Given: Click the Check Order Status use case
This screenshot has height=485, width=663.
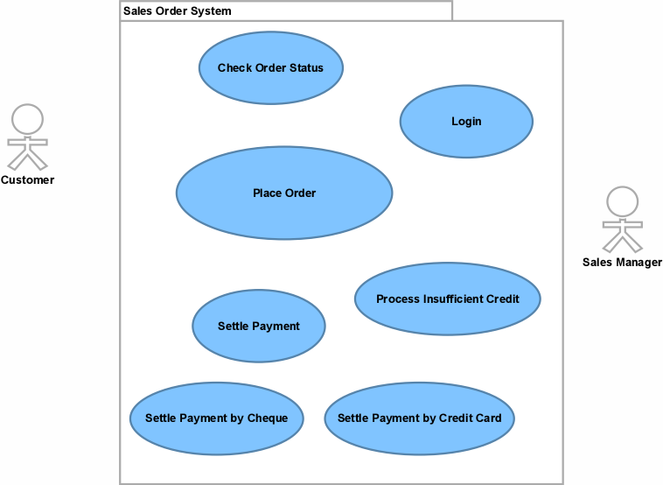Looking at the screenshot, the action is pyautogui.click(x=270, y=67).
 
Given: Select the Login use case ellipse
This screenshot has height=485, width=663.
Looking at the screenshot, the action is pyautogui.click(x=466, y=122).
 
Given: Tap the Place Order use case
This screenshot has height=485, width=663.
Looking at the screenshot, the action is pyautogui.click(x=284, y=193).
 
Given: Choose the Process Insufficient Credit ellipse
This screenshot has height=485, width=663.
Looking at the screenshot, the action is pyautogui.click(x=447, y=299).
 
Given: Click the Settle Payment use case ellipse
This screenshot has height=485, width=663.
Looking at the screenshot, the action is pyautogui.click(x=259, y=326).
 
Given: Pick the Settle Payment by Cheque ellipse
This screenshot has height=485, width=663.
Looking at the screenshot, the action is pyautogui.click(x=217, y=418).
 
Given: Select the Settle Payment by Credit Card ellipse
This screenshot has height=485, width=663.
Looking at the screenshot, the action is pyautogui.click(x=420, y=418).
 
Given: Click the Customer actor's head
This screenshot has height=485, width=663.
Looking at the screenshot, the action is pyautogui.click(x=27, y=120).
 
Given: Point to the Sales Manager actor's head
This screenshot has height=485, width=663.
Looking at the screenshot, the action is pyautogui.click(x=623, y=202).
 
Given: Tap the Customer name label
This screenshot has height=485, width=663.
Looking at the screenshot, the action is pyautogui.click(x=27, y=179).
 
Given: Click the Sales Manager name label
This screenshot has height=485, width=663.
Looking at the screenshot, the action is pyautogui.click(x=622, y=263).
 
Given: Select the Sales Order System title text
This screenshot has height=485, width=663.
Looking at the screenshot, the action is pyautogui.click(x=178, y=11).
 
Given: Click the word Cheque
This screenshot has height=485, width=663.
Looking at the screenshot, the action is pyautogui.click(x=268, y=418).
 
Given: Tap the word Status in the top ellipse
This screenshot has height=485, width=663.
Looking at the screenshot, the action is pyautogui.click(x=306, y=67).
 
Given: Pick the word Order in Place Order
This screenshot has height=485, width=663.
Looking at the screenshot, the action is pyautogui.click(x=299, y=193).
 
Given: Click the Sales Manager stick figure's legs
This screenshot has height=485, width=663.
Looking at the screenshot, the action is pyautogui.click(x=623, y=242).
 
